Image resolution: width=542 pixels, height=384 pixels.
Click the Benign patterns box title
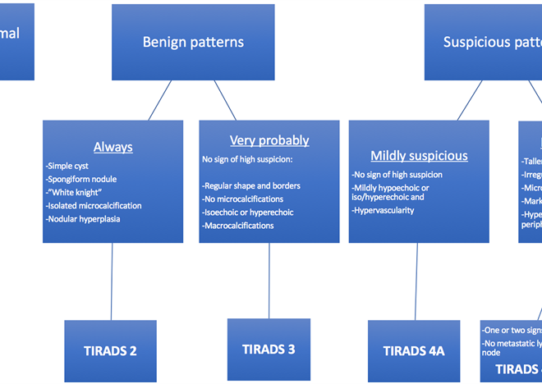coord(193,42)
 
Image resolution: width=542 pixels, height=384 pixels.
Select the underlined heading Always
coord(113,148)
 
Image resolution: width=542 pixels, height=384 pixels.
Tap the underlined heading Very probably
coord(269,140)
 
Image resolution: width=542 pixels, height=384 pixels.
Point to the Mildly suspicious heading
coord(419,155)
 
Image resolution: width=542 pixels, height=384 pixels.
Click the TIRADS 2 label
coord(109,350)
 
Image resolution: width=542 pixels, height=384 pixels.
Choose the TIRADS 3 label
coord(269,349)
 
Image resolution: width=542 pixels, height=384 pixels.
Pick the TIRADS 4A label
coord(414,350)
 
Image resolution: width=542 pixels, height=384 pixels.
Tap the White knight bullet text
coord(78,192)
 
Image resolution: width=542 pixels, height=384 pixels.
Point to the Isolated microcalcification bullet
coord(94,205)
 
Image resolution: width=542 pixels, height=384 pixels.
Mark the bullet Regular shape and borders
coord(251,185)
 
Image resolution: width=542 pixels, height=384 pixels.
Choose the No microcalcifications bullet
coord(243,199)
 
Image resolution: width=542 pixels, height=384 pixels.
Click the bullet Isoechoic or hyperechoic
coord(248,212)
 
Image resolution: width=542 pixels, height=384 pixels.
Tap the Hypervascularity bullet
coord(384,210)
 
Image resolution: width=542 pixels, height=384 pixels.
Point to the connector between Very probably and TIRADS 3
coord(269,280)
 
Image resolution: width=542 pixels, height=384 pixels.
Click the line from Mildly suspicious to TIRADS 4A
coord(417,281)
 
